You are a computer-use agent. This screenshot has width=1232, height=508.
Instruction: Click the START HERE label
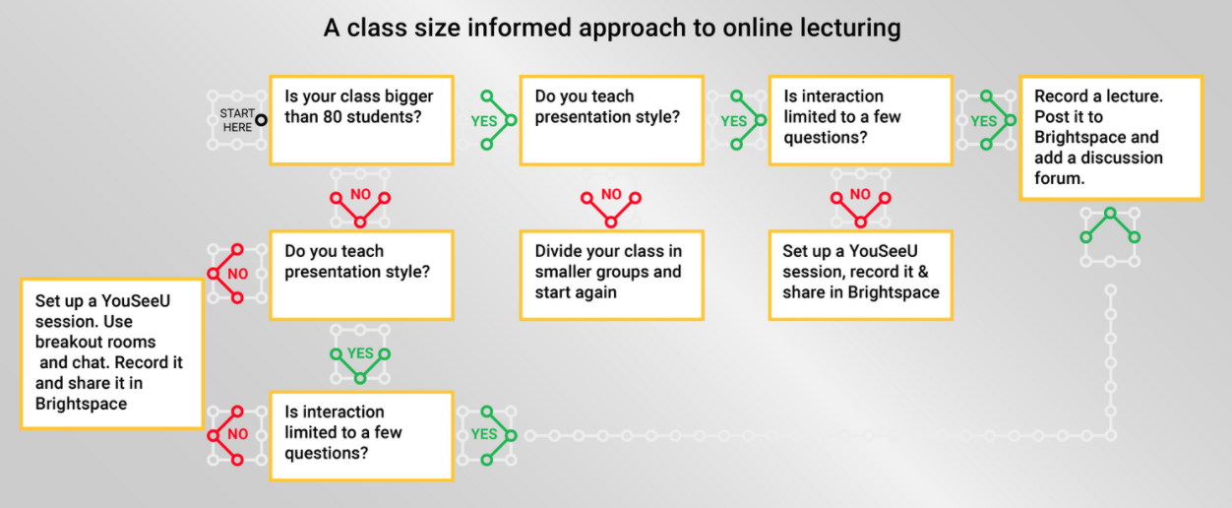(x=237, y=120)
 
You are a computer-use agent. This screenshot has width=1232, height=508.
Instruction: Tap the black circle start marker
(x=261, y=120)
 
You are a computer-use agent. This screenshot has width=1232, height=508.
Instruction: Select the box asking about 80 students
(x=361, y=120)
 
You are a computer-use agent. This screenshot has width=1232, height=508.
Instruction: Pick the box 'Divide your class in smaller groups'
(x=612, y=276)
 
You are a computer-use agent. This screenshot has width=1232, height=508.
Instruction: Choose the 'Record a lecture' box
(x=1110, y=138)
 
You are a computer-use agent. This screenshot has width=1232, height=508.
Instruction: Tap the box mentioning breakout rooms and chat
(x=112, y=353)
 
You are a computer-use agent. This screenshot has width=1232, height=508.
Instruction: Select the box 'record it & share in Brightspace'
(x=860, y=276)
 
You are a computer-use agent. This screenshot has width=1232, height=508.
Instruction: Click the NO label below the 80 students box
(x=360, y=194)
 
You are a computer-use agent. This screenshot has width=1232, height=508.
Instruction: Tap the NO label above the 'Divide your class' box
(x=611, y=194)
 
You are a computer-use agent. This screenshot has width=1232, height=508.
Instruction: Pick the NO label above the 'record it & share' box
(x=860, y=194)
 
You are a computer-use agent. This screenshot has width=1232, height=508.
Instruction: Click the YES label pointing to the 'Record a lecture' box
(x=984, y=121)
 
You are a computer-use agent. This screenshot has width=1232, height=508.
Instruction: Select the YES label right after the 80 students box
(x=484, y=121)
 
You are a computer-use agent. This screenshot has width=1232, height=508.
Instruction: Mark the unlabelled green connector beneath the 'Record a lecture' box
(x=1110, y=225)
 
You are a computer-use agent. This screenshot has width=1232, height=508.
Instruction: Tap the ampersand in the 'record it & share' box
(x=923, y=272)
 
